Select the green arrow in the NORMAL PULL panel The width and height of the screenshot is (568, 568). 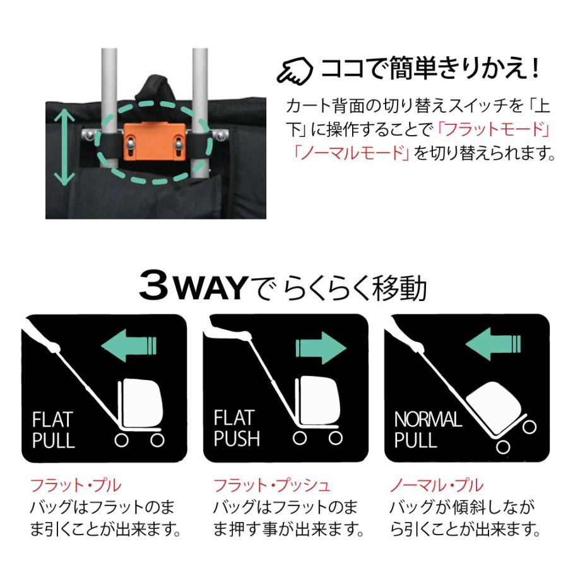494,345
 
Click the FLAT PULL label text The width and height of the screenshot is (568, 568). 53,429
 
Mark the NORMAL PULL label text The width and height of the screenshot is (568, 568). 427,429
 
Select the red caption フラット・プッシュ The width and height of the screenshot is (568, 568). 271,486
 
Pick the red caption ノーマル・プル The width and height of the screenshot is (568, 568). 436,486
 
